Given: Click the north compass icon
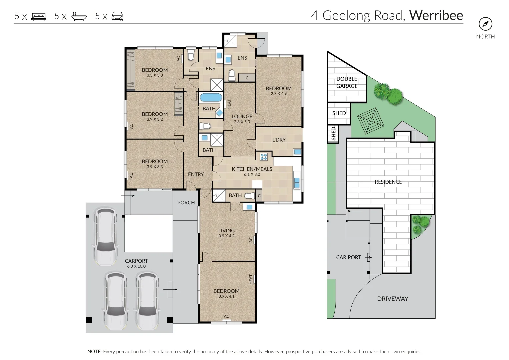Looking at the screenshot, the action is coord(485,24).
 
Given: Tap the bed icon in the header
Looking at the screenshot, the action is coord(39,17).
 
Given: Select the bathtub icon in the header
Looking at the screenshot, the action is coord(79,17).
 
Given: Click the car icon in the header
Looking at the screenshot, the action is coord(117,17).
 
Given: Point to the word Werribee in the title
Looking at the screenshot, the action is coord(436,15).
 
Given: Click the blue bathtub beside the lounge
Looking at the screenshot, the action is coord(211,97).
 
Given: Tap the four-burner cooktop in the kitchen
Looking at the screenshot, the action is coord(264,157).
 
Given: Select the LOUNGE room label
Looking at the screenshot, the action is coord(242,117).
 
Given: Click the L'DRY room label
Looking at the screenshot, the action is coord(279,140).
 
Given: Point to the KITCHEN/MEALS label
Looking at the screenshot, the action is coord(252,169).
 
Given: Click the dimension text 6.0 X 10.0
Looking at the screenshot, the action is coord(136,266).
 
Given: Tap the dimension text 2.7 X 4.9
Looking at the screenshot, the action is coord(279,93).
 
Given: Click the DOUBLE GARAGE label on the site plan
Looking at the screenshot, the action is coord(347,82).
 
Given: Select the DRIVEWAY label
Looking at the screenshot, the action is coord(393,299).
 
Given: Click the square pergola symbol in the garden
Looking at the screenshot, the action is coord(371,121).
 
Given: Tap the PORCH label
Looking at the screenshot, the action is coord(186,203).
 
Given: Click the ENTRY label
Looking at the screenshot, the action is coord(196,174).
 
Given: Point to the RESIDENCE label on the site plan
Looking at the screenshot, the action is coord(388,182).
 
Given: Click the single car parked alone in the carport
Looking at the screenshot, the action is coord(106,236).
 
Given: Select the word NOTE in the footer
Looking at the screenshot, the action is coord(95,352).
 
